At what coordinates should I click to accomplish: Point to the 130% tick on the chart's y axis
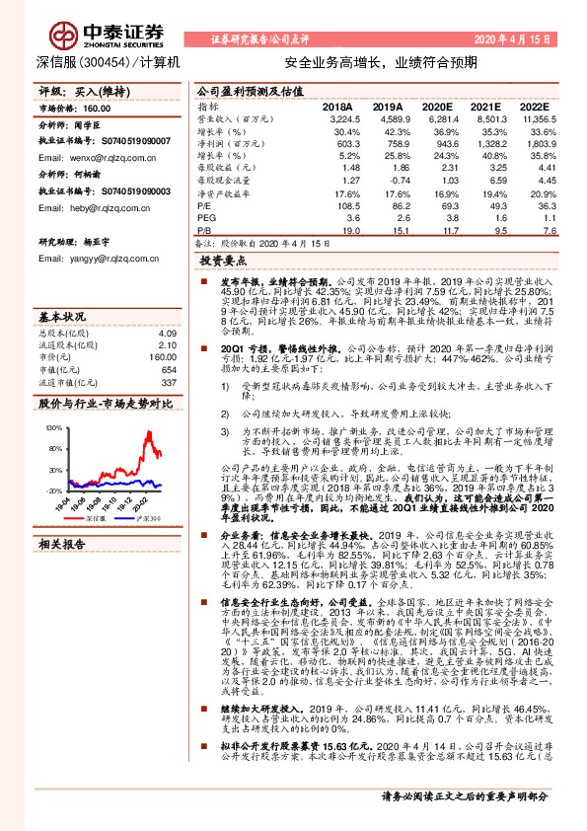[51, 430]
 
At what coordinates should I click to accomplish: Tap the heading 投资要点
[223, 263]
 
